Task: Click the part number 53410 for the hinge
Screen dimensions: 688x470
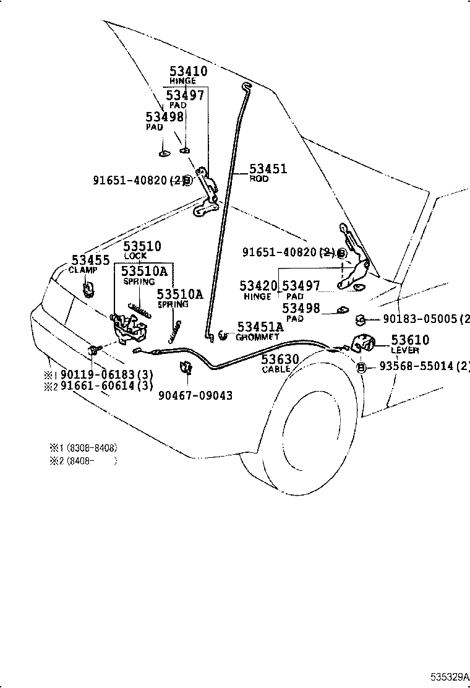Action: (x=189, y=72)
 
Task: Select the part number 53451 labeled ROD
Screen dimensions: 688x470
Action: (x=268, y=169)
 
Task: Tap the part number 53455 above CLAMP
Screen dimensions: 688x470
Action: (x=90, y=260)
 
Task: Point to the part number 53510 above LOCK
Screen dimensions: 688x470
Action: (x=142, y=246)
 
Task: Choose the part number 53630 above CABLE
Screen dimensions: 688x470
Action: (x=280, y=359)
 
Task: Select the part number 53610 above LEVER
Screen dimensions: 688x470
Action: (x=409, y=340)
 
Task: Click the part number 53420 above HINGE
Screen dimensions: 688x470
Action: (x=259, y=286)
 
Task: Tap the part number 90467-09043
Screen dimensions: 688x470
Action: (x=195, y=395)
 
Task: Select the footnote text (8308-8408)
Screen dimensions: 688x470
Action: (x=92, y=447)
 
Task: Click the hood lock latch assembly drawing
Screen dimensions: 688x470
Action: (x=127, y=326)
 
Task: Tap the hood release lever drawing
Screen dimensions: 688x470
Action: (x=364, y=343)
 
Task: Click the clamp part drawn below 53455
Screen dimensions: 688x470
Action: (x=88, y=289)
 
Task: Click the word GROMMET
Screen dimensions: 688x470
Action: (x=257, y=337)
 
